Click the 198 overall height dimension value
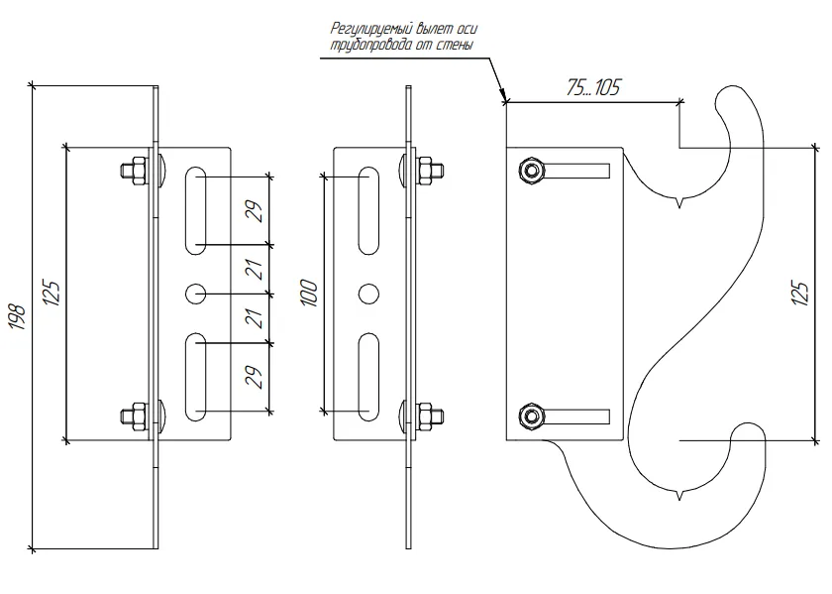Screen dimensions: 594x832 pos(16,316)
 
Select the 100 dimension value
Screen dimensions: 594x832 pos(309,292)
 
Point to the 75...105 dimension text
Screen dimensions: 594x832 pos(592,88)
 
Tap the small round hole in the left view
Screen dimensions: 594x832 pos(195,294)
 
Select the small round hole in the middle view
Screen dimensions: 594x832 pos(369,294)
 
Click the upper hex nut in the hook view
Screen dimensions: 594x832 pos(532,172)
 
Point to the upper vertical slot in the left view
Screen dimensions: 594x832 pos(195,209)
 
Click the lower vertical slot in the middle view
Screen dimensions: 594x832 pos(369,378)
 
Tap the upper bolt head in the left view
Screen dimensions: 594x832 pos(131,170)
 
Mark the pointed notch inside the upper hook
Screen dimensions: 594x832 pos(679,205)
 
